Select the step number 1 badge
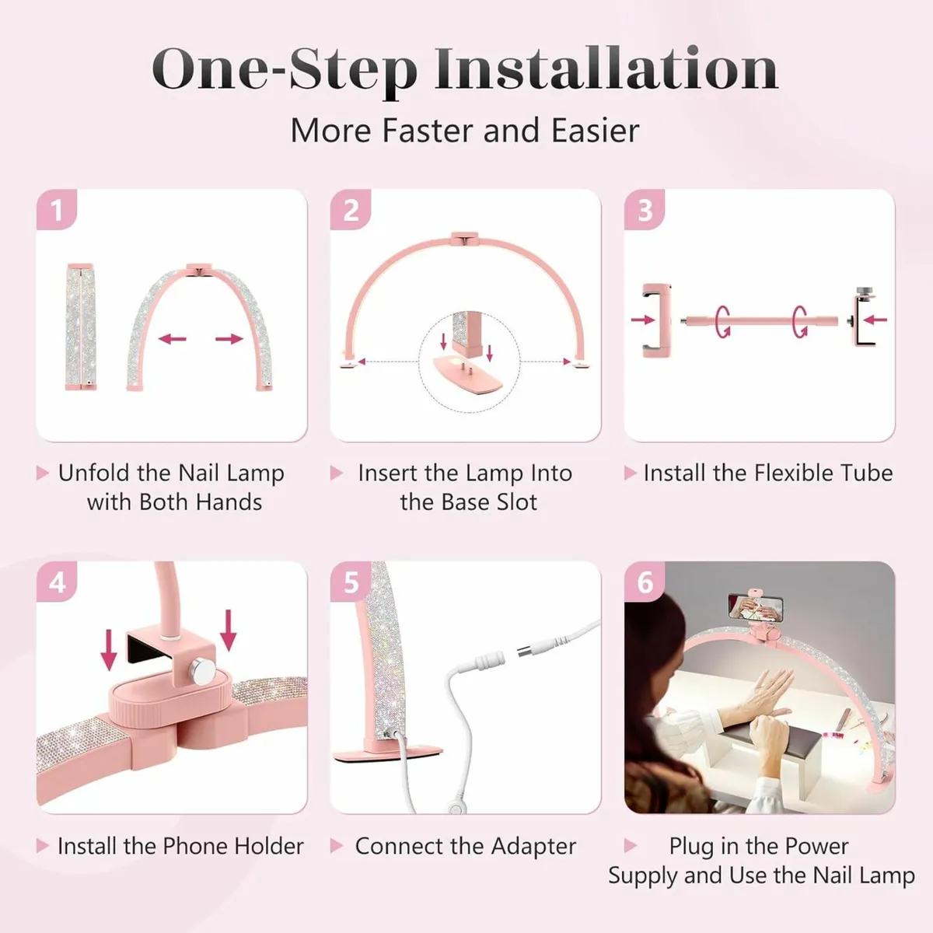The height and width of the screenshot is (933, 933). click(x=56, y=210)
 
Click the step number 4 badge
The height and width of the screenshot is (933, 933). click(x=57, y=582)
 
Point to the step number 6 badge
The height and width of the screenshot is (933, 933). click(x=645, y=582)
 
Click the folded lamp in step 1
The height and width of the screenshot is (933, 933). click(x=81, y=327)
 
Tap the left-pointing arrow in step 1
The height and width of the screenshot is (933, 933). click(x=173, y=339)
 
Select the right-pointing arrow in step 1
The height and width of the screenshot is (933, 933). click(x=229, y=339)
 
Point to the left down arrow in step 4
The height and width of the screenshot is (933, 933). click(x=110, y=650)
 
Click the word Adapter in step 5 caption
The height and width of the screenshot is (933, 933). click(x=533, y=846)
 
